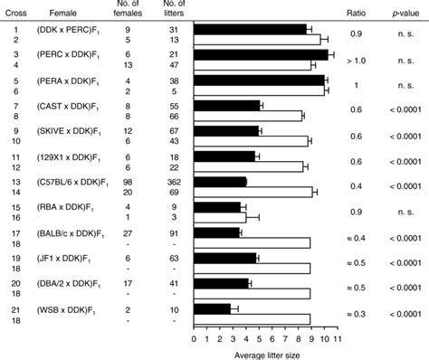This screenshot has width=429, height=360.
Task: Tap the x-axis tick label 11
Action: [x=335, y=339]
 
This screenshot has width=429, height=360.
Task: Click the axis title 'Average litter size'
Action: [x=263, y=353]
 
